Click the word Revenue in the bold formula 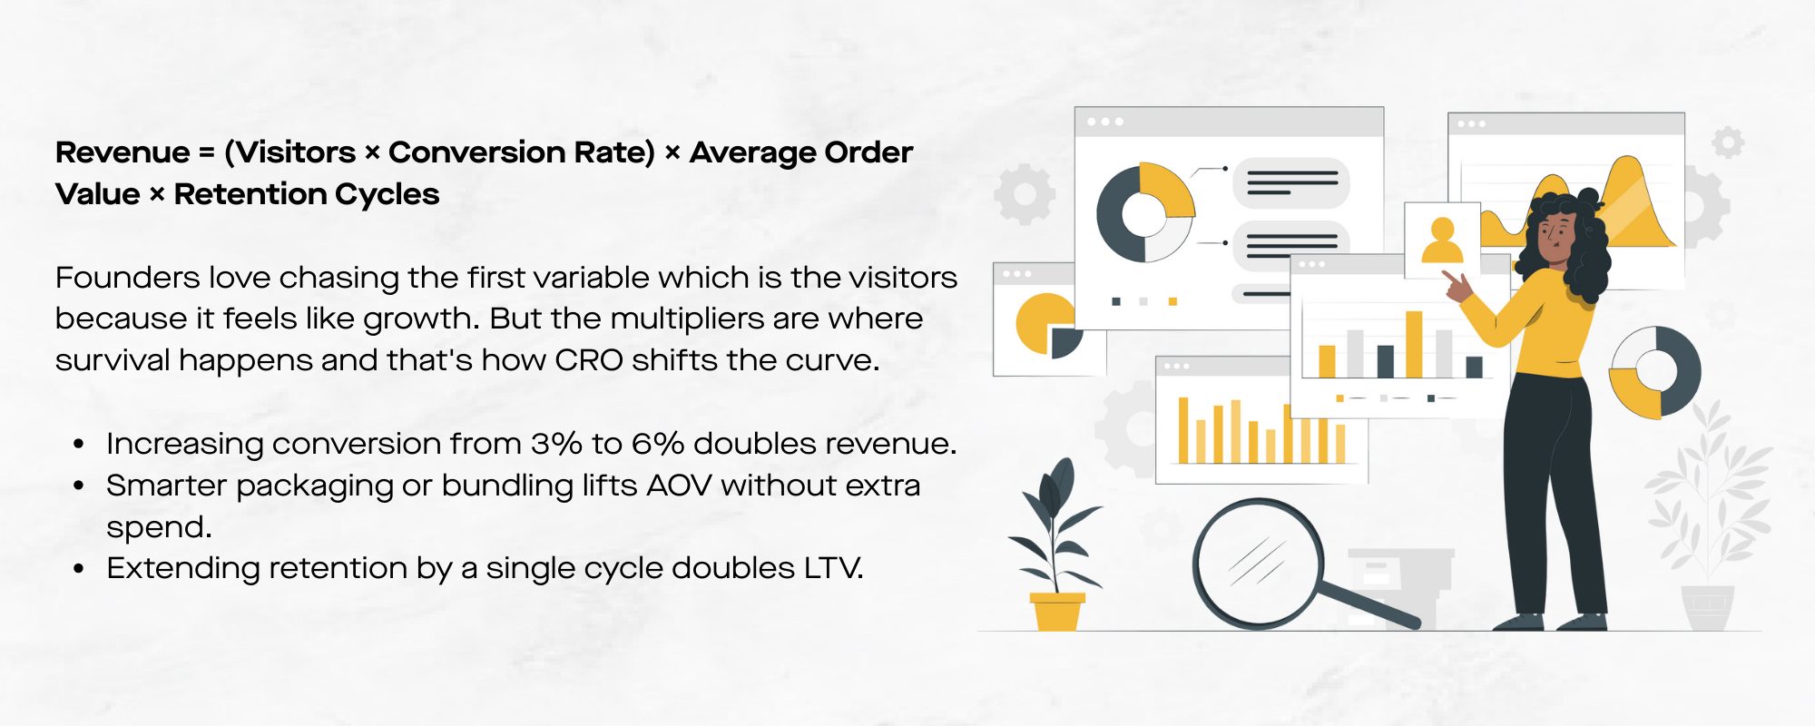[123, 152]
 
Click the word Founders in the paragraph [127, 277]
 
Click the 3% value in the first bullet [556, 444]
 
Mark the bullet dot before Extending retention [79, 569]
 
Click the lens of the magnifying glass [1257, 563]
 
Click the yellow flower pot [1057, 612]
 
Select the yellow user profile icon [1441, 240]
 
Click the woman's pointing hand [1457, 287]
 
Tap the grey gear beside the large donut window [1025, 194]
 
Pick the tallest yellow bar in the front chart [1414, 344]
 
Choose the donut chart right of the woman [1654, 372]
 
